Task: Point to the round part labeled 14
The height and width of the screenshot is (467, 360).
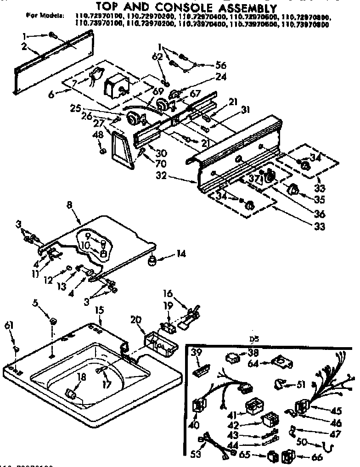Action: (151, 261)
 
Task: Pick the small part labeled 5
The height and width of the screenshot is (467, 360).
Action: (53, 320)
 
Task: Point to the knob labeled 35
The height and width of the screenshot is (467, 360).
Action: (292, 190)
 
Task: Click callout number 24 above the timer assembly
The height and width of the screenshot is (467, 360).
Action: (221, 77)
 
